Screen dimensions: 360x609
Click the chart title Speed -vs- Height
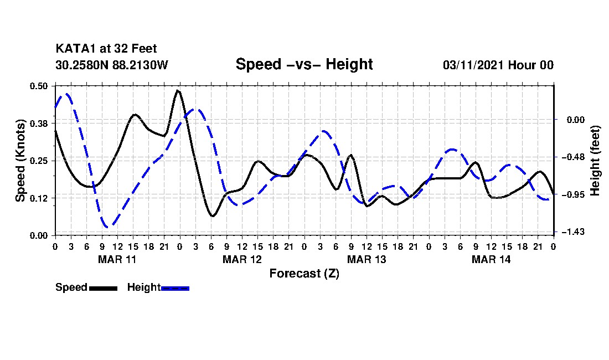click(304, 64)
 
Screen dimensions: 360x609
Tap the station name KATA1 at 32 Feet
click(106, 49)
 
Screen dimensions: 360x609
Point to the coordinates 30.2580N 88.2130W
click(111, 65)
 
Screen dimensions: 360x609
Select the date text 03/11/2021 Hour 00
click(498, 65)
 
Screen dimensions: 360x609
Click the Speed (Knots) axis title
click(20, 161)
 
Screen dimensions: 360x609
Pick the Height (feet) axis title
click(595, 161)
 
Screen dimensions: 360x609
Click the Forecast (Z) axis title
click(304, 273)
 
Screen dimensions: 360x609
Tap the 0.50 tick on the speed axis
click(40, 86)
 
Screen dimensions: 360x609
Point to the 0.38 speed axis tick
click(40, 123)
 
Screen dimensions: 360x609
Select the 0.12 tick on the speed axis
click(40, 198)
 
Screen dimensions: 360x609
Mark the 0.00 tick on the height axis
click(570, 120)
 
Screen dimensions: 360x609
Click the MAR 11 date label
click(117, 259)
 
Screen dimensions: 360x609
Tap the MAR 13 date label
click(366, 259)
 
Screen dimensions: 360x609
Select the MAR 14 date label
click(491, 259)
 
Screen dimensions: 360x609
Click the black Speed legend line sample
click(102, 288)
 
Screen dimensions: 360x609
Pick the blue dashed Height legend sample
click(175, 288)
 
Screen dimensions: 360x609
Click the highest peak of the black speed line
click(178, 90)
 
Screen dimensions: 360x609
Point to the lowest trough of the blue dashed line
click(109, 227)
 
